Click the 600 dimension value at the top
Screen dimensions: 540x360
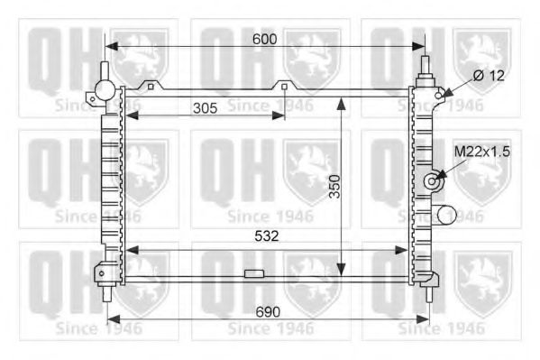[x=264, y=40]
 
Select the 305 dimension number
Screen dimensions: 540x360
[x=206, y=108]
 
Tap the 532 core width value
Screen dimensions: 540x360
[x=267, y=236]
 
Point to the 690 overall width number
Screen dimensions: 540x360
[x=268, y=312]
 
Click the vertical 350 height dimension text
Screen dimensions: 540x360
[x=334, y=187]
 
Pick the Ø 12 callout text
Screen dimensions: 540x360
[x=489, y=76]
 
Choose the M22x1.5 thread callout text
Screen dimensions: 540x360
[x=482, y=152]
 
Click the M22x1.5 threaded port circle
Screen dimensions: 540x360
[x=432, y=181]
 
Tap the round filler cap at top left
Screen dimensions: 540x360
[x=105, y=89]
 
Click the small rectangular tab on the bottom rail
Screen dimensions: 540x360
[x=254, y=274]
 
